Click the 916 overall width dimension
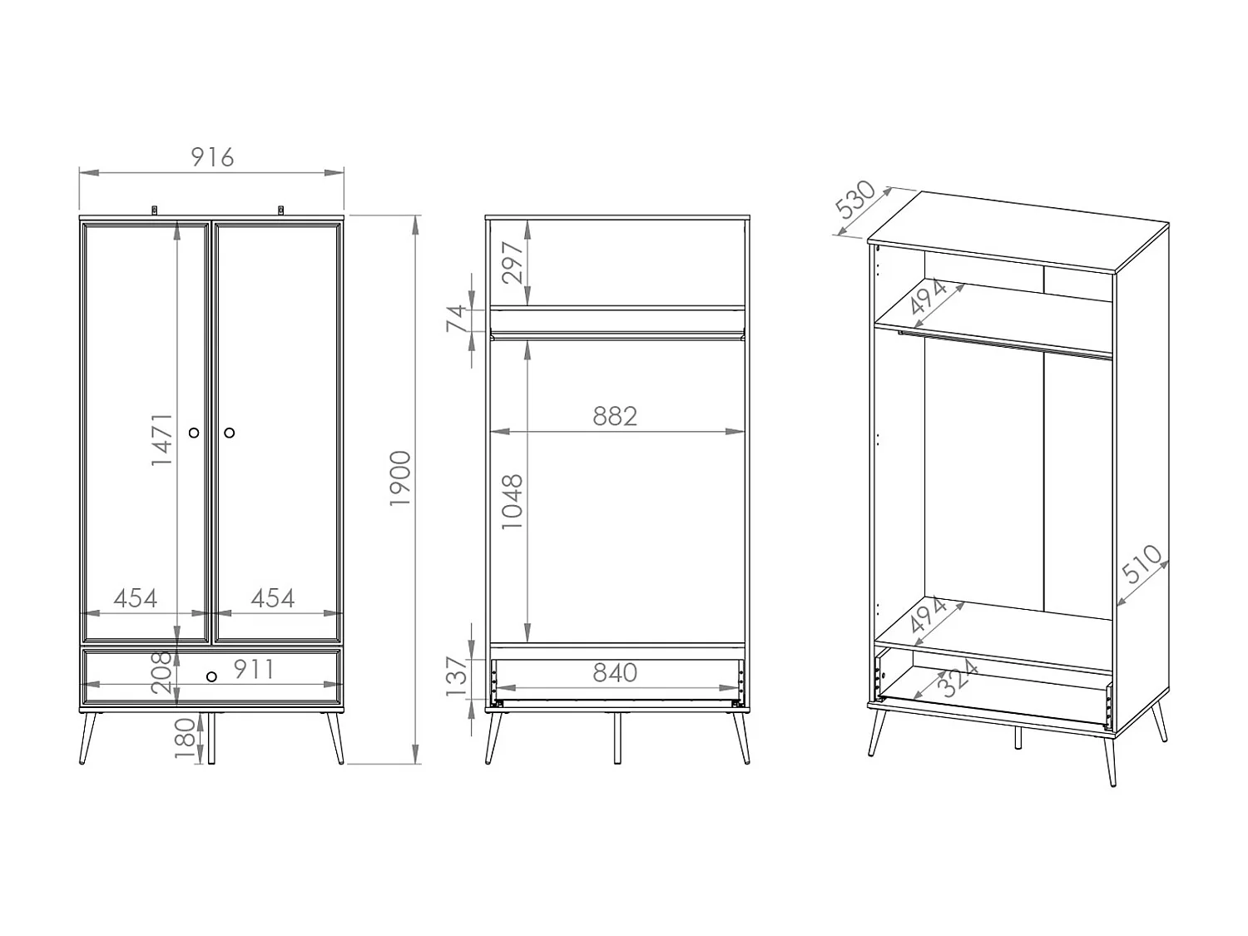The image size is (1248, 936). (x=212, y=156)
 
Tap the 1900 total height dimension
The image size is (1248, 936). (x=400, y=478)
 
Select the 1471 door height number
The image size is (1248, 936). (x=162, y=438)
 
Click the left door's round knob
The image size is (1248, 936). (x=195, y=433)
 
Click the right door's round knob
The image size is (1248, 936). (x=230, y=433)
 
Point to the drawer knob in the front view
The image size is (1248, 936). (x=211, y=676)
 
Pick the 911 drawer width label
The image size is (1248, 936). (x=253, y=669)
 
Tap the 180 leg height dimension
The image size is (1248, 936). (x=185, y=738)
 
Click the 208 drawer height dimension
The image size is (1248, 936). (x=161, y=672)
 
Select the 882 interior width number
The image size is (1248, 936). (x=615, y=416)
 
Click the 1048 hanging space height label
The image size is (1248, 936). (x=512, y=502)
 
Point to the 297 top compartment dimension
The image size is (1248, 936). (x=513, y=262)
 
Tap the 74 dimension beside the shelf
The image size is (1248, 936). (x=458, y=319)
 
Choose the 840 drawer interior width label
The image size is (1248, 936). (x=615, y=672)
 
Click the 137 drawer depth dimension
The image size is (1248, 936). (x=458, y=676)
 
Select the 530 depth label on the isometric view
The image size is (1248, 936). (x=855, y=200)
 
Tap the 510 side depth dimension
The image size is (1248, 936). (x=1142, y=564)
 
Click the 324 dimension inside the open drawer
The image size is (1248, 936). (x=958, y=677)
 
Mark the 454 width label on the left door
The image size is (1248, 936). (x=135, y=598)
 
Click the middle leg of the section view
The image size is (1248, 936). (x=617, y=738)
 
